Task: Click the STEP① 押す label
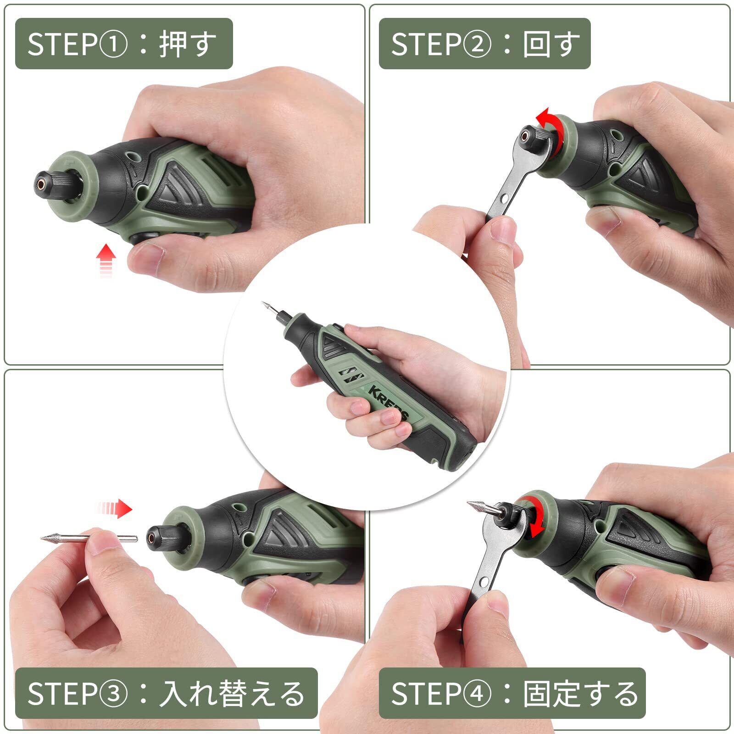tap(124, 44)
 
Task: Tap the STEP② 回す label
tap(484, 44)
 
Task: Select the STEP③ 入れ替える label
tap(166, 693)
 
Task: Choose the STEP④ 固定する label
tap(512, 693)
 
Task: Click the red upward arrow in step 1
tap(106, 260)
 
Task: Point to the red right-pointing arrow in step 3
tap(115, 508)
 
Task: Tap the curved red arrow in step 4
tap(533, 516)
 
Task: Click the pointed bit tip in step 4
tap(469, 503)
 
